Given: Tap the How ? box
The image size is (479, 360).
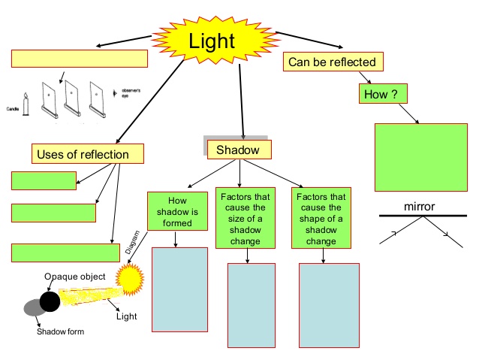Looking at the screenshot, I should [379, 95].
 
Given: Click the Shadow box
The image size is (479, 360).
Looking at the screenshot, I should [237, 150].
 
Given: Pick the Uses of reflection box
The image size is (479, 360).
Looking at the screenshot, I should [87, 154].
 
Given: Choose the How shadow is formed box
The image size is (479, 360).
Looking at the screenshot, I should [177, 211].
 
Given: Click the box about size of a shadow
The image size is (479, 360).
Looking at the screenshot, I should [246, 217].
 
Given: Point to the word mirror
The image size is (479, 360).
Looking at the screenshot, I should [420, 206].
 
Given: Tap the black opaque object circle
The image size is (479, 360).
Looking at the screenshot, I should [50, 301].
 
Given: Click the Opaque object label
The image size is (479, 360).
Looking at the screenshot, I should [74, 277].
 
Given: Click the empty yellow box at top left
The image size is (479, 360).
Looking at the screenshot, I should [80, 59].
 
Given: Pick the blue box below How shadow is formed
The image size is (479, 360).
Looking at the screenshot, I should [179, 289].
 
